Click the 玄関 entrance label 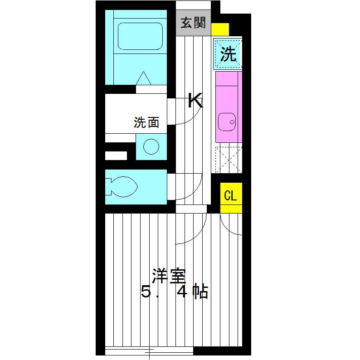tap(193, 23)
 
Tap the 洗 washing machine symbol tap(228, 54)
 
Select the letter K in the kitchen tap(195, 101)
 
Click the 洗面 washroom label tap(146, 122)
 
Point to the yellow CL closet tap(231, 196)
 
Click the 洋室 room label tap(169, 276)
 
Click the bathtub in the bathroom tap(140, 36)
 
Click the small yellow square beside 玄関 tap(220, 29)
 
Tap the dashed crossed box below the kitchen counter tap(229, 159)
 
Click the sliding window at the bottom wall tap(149, 350)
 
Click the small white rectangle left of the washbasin tap(116, 156)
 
